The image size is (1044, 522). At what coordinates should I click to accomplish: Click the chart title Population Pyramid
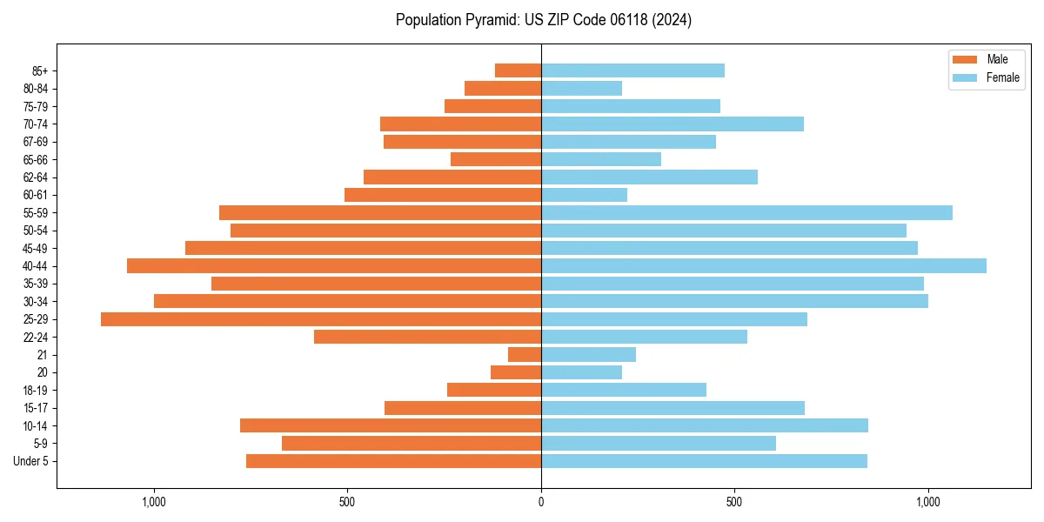[x=543, y=20]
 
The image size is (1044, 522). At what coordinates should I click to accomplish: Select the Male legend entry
[x=997, y=59]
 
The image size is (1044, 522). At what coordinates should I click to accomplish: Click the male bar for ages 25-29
[x=321, y=319]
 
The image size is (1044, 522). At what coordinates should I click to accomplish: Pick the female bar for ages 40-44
[x=764, y=266]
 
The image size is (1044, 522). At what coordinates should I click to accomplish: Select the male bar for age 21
[x=525, y=355]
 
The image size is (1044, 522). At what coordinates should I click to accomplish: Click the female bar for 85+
[x=632, y=70]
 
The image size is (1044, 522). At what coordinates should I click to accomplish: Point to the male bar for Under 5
[x=393, y=461]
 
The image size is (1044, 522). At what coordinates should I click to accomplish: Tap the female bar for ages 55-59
[x=746, y=213]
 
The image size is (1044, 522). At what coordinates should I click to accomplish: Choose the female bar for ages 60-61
[x=584, y=195]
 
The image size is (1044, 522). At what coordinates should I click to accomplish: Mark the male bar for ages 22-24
[x=427, y=337]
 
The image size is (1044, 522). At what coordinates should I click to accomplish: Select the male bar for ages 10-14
[x=391, y=425]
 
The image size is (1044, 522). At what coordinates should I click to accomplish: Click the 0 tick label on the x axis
[x=541, y=502]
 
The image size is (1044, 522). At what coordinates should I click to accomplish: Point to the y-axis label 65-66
[x=36, y=160]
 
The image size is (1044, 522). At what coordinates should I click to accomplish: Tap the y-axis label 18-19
[x=36, y=391]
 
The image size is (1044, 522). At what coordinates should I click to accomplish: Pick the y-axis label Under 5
[x=31, y=461]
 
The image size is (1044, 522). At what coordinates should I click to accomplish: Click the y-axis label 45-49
[x=36, y=249]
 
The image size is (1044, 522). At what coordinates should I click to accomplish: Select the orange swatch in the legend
[x=965, y=59]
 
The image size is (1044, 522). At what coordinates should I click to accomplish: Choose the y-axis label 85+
[x=40, y=71]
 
